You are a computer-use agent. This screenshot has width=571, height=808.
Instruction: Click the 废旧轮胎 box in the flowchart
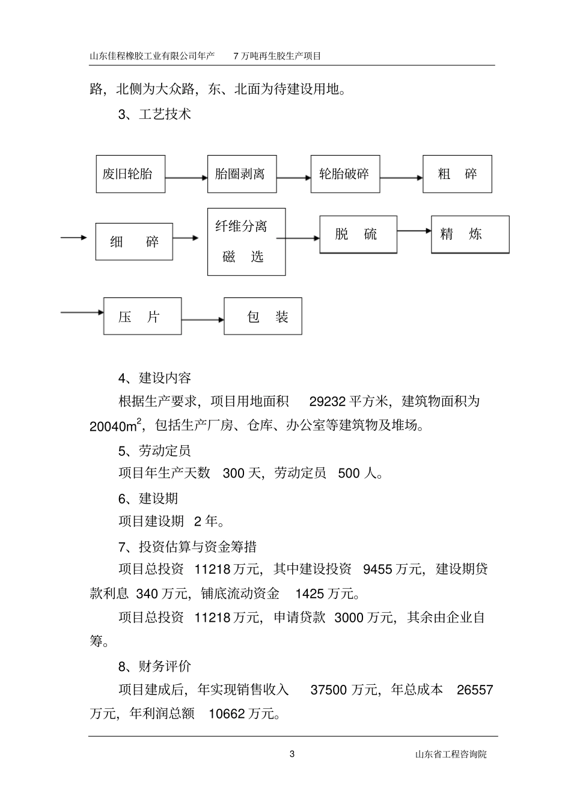(x=130, y=174)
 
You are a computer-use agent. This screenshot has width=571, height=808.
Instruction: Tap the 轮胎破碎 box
(x=345, y=174)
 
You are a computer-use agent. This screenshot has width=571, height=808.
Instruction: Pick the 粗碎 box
(x=457, y=174)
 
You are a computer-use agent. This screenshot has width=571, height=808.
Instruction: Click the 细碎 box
(x=134, y=241)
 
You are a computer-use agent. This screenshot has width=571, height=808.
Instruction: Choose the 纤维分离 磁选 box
(x=246, y=241)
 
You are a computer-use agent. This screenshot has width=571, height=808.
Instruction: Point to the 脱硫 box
(x=358, y=234)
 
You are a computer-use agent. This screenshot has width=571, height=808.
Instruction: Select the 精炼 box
(x=470, y=234)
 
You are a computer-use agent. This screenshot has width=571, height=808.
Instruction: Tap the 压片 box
(x=142, y=317)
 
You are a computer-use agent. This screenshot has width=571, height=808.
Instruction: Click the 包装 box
(x=263, y=317)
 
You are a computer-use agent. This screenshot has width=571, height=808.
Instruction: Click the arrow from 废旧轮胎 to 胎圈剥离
(x=186, y=178)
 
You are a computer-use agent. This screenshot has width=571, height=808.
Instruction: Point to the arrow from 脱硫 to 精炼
(x=414, y=231)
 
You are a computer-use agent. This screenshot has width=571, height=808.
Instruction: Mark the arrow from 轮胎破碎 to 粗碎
(x=401, y=178)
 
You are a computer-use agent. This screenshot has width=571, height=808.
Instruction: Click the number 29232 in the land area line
(x=328, y=402)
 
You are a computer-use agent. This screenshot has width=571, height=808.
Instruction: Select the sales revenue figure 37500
(x=328, y=690)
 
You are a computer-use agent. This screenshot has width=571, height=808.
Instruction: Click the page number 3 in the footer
(x=293, y=755)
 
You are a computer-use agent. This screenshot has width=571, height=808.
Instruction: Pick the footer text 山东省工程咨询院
(x=451, y=755)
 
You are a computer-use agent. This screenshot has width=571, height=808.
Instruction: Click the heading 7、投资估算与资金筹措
(x=188, y=547)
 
